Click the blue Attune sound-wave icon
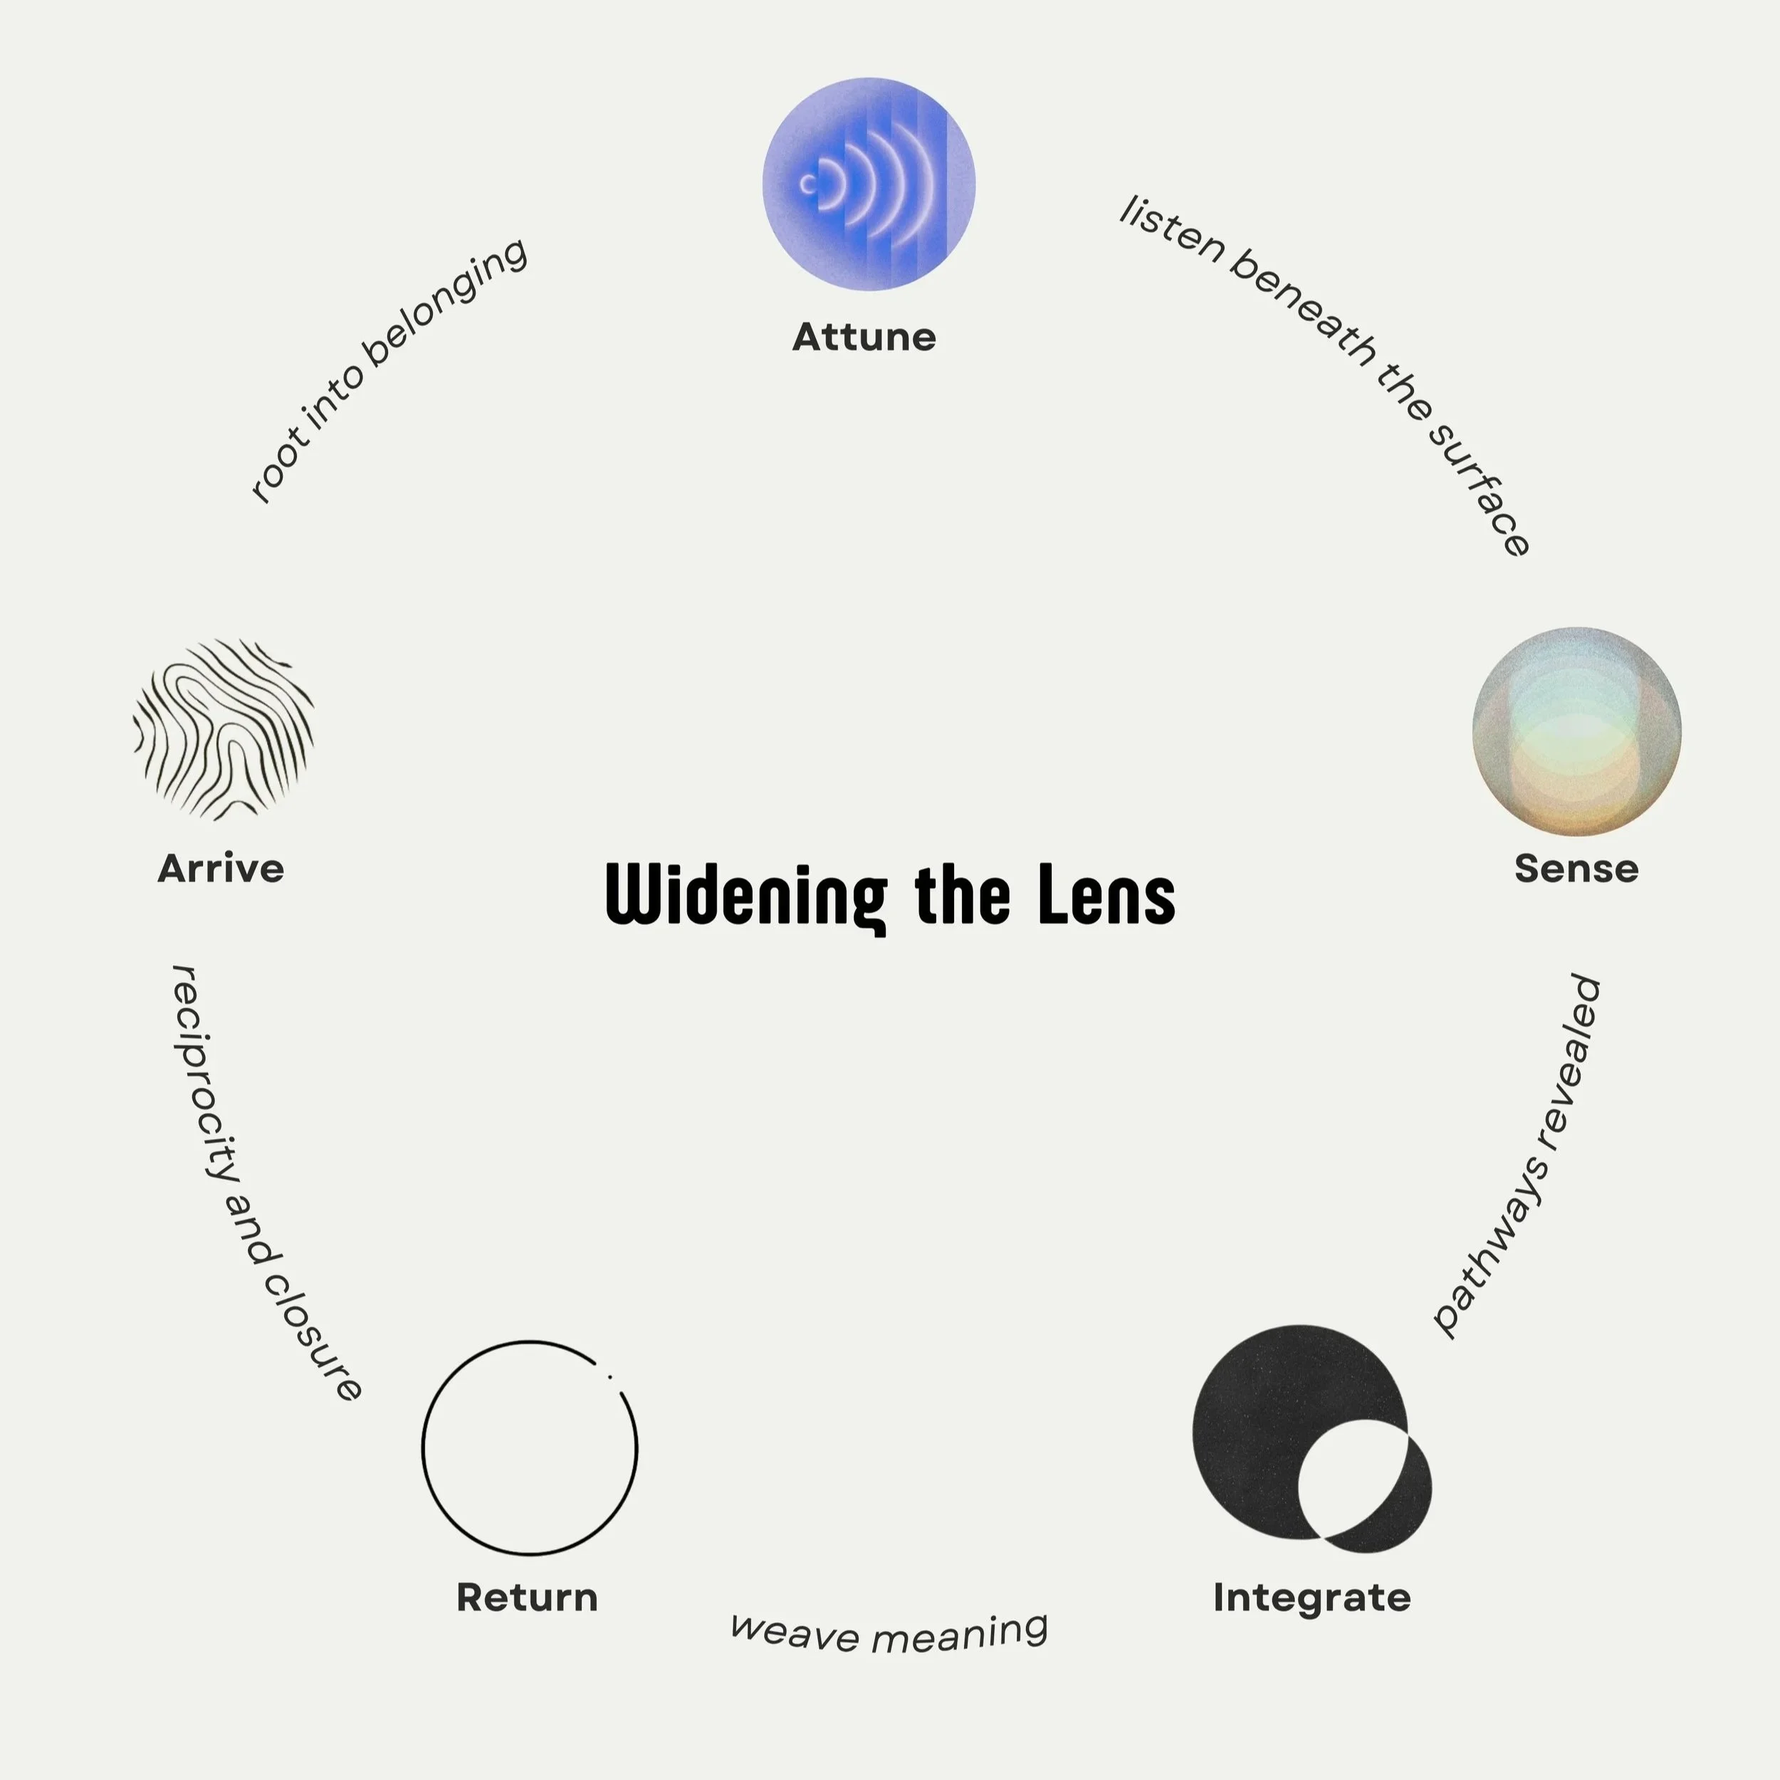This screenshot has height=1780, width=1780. coord(868,184)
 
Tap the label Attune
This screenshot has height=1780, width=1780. coord(864,337)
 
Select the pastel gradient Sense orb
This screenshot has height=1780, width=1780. coord(1576,731)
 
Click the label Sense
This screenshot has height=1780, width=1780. coord(1576,869)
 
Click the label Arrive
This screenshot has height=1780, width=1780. coord(221,869)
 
